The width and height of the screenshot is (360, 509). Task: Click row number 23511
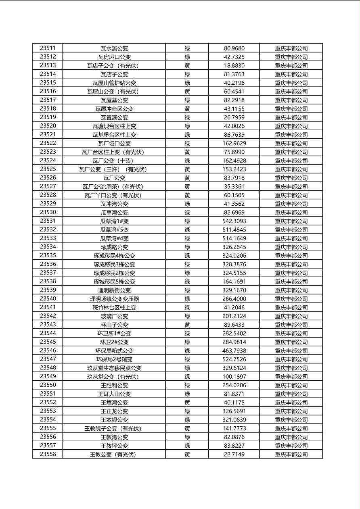click(x=48, y=48)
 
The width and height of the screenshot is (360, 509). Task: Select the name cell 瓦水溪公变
click(x=114, y=48)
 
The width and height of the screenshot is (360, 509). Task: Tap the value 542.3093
click(x=234, y=221)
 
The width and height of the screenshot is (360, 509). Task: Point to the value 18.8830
click(x=234, y=66)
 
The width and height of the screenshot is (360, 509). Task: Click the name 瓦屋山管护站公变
click(x=114, y=83)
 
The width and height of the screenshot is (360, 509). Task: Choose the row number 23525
click(x=48, y=169)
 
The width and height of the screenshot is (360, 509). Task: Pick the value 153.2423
click(x=234, y=169)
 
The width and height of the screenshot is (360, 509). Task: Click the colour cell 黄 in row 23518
click(x=187, y=109)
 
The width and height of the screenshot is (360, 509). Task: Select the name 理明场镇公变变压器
click(x=114, y=299)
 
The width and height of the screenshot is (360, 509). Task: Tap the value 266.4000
click(x=234, y=299)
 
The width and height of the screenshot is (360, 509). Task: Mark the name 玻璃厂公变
click(x=114, y=316)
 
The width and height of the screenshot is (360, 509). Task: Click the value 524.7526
click(x=234, y=359)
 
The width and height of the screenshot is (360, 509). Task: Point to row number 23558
click(x=48, y=454)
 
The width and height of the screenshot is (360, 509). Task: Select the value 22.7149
click(x=234, y=455)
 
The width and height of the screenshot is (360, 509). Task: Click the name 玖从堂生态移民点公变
click(x=114, y=368)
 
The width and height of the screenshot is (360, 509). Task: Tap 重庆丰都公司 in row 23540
click(x=291, y=299)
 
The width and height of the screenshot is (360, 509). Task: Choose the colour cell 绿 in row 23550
click(x=187, y=385)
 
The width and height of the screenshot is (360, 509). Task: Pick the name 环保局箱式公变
click(x=114, y=351)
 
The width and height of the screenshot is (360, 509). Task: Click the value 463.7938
click(x=234, y=351)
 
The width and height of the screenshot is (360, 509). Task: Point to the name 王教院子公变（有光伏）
click(x=114, y=428)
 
